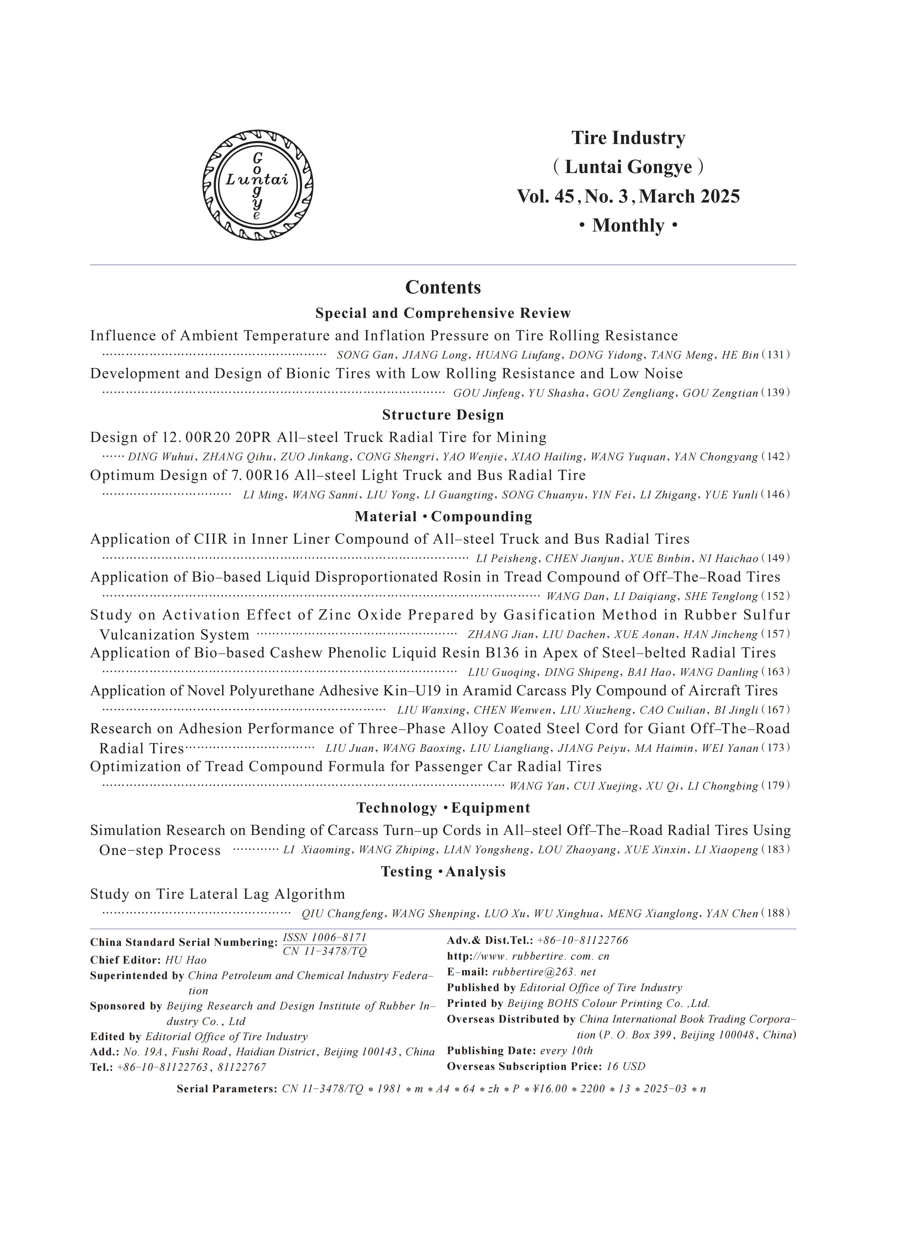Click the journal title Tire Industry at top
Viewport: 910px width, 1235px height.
[x=628, y=138]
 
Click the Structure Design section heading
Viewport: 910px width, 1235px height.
[x=443, y=415]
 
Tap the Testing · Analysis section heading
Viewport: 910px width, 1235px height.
[x=443, y=872]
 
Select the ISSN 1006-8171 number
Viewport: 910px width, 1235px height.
[x=324, y=937]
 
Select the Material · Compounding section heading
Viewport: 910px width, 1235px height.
[x=443, y=517]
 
